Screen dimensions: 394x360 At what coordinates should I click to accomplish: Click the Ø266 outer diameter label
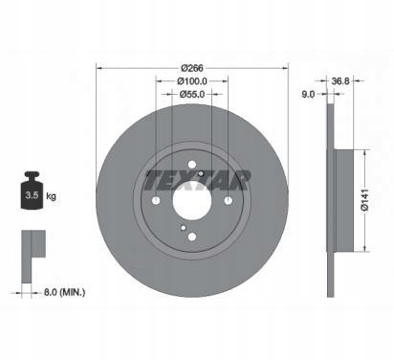pos(192,68)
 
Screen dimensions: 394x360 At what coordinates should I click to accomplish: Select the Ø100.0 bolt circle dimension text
pos(192,81)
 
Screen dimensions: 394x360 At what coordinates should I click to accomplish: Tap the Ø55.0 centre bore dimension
pos(192,94)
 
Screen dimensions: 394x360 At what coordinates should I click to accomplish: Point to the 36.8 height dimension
pos(340,81)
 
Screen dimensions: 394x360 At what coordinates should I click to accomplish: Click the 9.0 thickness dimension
pos(308,94)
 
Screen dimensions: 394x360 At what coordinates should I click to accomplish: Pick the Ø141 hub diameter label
pos(365,200)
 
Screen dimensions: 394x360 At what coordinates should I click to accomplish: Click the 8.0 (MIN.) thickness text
pos(64,292)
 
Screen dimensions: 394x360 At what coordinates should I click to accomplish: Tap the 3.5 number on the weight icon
pos(32,195)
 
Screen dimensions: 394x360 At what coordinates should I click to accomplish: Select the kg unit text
pos(51,195)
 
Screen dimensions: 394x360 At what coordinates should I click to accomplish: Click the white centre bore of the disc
pos(192,201)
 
